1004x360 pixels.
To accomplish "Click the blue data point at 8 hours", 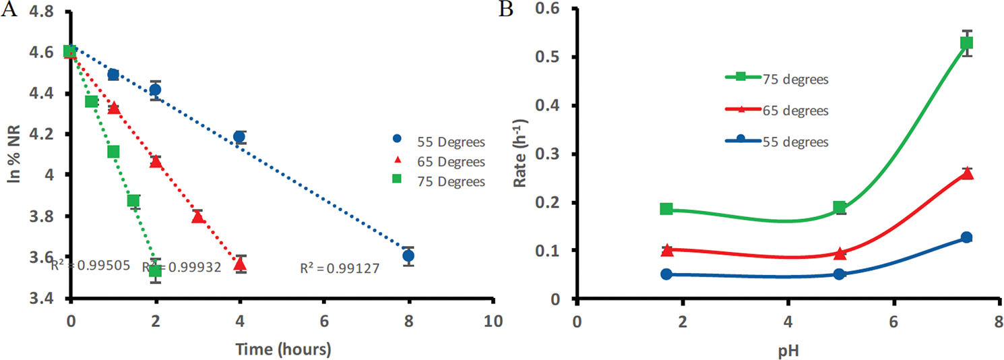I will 408,256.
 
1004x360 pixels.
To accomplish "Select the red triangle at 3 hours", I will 197,216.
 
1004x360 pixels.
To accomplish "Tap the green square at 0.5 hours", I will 92,101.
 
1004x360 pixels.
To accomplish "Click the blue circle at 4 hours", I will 239,137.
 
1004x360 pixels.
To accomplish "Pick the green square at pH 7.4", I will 967,43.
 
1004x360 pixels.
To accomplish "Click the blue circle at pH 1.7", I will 666,274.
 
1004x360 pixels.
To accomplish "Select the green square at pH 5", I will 840,207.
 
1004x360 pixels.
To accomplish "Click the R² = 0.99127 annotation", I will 340,269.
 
